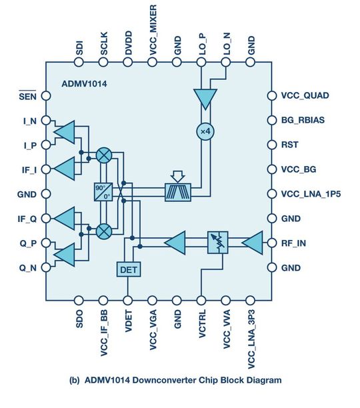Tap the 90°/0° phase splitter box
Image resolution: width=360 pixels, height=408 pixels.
pos(103,193)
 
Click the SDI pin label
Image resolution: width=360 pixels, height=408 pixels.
pos(79,49)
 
